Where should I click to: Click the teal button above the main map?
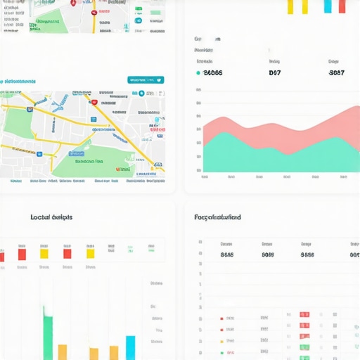(146, 80)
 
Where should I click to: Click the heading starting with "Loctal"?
(51, 217)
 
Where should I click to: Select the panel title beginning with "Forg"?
(217, 217)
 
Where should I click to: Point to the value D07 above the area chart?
(275, 72)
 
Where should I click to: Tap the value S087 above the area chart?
(337, 72)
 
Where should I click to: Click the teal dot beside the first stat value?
(198, 72)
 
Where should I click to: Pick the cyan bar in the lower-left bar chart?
(130, 347)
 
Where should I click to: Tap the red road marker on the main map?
(94, 102)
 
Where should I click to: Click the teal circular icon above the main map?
(141, 93)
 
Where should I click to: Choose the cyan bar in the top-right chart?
(328, 6)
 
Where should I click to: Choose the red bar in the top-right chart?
(342, 6)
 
